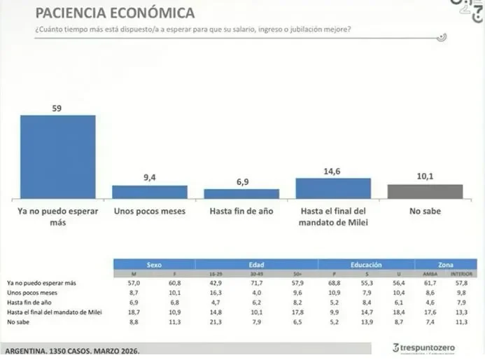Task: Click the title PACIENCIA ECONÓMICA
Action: [115, 13]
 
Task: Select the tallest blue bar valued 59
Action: [57, 157]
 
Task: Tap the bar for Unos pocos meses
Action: [150, 193]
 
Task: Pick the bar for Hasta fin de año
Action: [241, 194]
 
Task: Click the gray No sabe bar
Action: [425, 192]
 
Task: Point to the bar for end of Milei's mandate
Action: [333, 188]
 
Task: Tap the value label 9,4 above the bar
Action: [150, 177]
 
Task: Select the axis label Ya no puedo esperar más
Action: [57, 216]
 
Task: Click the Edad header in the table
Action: [255, 265]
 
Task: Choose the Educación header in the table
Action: [366, 265]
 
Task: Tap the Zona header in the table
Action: [445, 265]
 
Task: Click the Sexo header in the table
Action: [154, 265]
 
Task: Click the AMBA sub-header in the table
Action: [430, 273]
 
